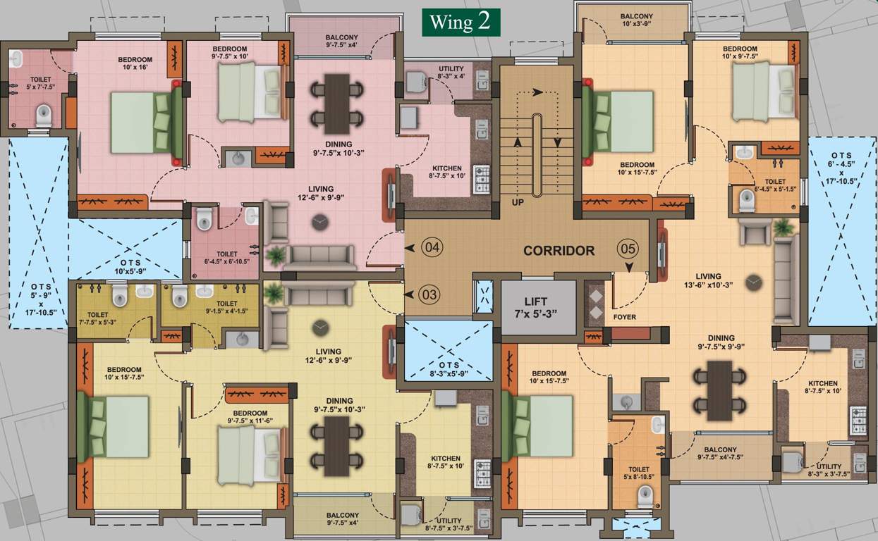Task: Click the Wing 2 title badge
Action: point(461,22)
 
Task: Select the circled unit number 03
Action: point(429,294)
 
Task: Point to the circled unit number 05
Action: point(627,249)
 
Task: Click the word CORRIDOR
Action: point(559,250)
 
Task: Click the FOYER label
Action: point(624,317)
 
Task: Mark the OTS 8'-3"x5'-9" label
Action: point(448,369)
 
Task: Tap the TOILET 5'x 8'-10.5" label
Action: point(638,473)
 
